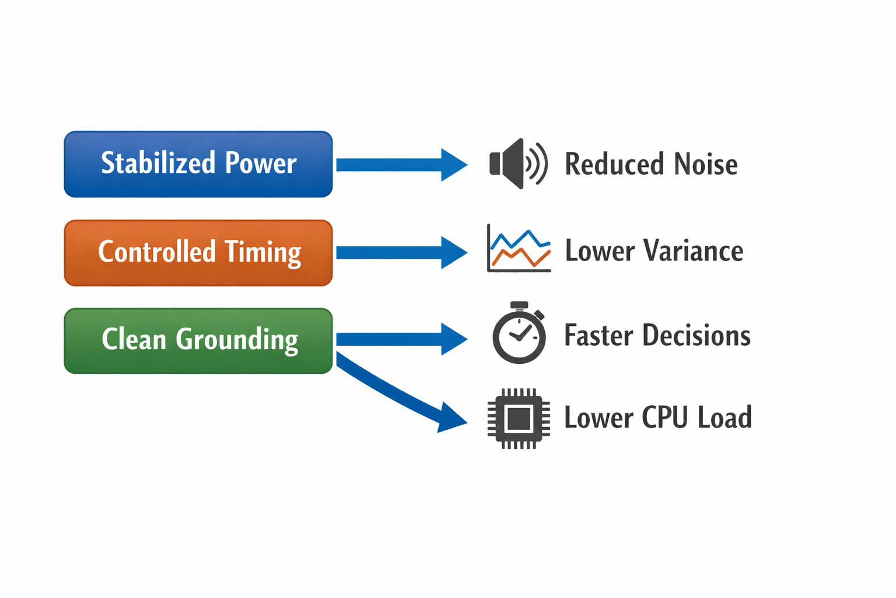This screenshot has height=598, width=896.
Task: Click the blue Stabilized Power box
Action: pos(198,164)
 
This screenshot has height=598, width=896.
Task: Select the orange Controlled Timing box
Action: pos(198,253)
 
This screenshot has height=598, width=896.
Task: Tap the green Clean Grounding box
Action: pos(198,341)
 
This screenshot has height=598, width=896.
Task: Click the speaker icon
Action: pos(517,164)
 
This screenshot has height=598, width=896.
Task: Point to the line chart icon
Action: pos(519,249)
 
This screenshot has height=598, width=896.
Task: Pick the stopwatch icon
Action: pos(519,335)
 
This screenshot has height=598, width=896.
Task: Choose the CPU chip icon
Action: pos(519,418)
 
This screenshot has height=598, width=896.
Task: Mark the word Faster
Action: pos(598,336)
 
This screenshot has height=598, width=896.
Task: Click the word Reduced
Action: pos(615,164)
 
